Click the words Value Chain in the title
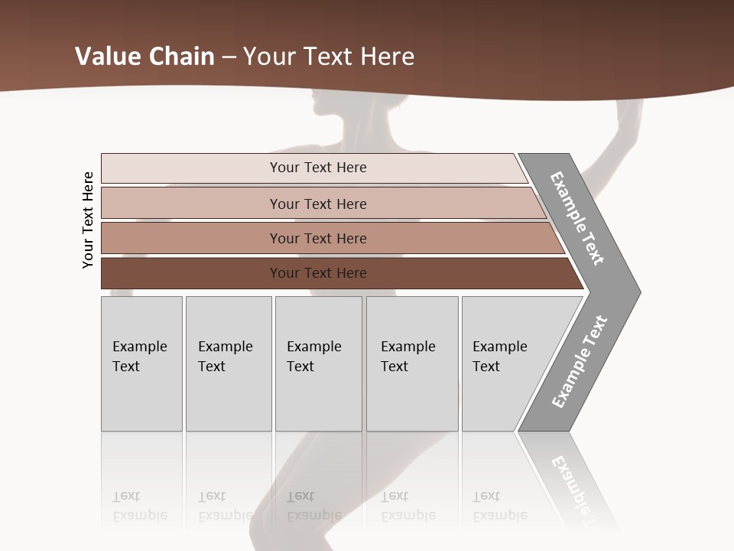145,57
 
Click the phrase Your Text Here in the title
329,57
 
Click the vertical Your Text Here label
88,220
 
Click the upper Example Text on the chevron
577,218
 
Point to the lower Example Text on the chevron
580,362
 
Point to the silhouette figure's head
327,107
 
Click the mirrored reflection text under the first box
139,506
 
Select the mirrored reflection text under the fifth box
499,506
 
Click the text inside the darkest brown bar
318,273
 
